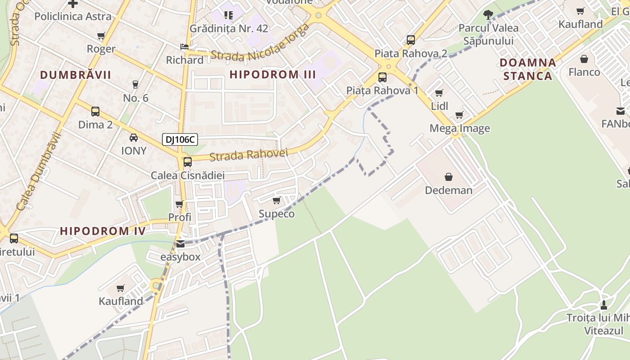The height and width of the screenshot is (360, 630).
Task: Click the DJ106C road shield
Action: click(x=180, y=139)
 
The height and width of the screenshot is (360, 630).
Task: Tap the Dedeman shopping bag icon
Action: click(x=448, y=177)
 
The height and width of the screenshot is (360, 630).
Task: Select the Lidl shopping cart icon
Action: click(x=439, y=93)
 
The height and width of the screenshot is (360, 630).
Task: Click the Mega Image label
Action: click(x=459, y=128)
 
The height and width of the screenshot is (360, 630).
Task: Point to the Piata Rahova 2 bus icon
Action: click(x=410, y=40)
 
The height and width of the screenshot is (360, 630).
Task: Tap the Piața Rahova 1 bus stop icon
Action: click(x=382, y=77)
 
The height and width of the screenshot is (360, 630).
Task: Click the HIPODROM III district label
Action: click(x=273, y=75)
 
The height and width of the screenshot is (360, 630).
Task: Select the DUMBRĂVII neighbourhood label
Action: click(x=75, y=75)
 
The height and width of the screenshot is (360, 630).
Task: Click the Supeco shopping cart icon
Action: click(x=276, y=200)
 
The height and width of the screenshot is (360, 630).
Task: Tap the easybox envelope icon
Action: click(x=180, y=244)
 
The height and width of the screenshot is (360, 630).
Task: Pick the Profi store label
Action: click(x=180, y=217)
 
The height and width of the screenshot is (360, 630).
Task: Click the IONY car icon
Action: click(x=134, y=137)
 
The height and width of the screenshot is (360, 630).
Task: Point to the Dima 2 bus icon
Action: click(x=95, y=111)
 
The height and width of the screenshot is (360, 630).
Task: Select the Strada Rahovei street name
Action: click(x=248, y=155)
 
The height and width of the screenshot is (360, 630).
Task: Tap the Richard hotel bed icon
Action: click(x=184, y=47)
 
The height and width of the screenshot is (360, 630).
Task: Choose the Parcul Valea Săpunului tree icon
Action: click(x=488, y=14)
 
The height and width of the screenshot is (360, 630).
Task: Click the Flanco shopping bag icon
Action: click(x=584, y=59)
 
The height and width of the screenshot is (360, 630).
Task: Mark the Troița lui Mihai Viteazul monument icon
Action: click(x=603, y=305)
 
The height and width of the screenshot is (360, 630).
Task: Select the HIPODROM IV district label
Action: click(x=103, y=231)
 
